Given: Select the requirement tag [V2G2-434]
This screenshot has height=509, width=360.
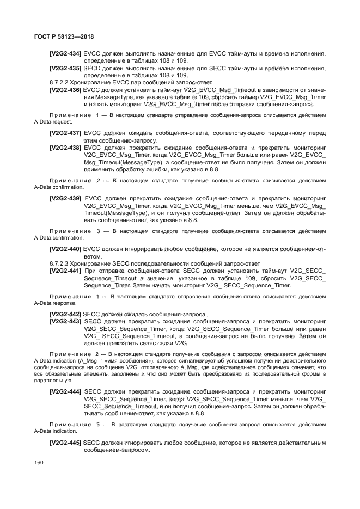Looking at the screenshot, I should point(65,53).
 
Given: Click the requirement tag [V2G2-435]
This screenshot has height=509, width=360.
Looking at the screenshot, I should point(65,68).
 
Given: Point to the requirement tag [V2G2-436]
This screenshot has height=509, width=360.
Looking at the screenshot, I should point(65,89).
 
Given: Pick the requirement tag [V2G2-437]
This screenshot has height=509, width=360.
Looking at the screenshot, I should point(65,133).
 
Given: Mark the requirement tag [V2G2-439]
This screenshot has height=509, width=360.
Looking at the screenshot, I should point(65,198).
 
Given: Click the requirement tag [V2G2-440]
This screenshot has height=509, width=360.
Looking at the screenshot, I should point(65,249).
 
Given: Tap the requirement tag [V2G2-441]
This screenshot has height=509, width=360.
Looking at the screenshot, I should point(65,271).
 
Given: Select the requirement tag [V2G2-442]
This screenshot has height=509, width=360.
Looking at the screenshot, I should point(65,314).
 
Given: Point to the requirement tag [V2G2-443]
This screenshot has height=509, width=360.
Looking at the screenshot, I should point(65,322).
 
